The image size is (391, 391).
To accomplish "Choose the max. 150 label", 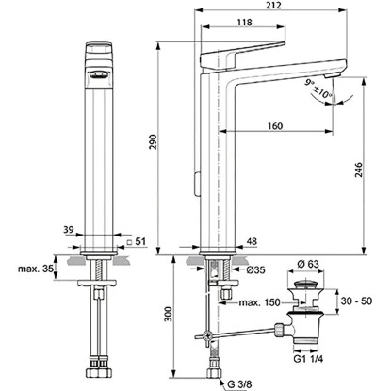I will (x=258, y=301).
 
